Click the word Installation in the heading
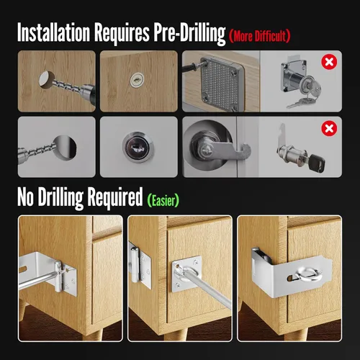point(53,32)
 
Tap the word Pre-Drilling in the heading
point(189,33)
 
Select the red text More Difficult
point(260,36)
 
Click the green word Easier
point(163,200)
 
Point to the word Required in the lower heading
point(115,197)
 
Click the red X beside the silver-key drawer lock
point(329,62)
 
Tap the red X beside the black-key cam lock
point(329,128)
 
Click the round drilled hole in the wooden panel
point(46,79)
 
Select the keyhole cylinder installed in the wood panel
point(137,80)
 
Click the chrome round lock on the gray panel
point(138,147)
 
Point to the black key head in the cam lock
point(317,163)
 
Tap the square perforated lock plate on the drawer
point(221,84)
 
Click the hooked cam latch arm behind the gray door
point(230,150)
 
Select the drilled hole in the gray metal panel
point(65,148)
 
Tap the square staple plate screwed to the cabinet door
point(186,274)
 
